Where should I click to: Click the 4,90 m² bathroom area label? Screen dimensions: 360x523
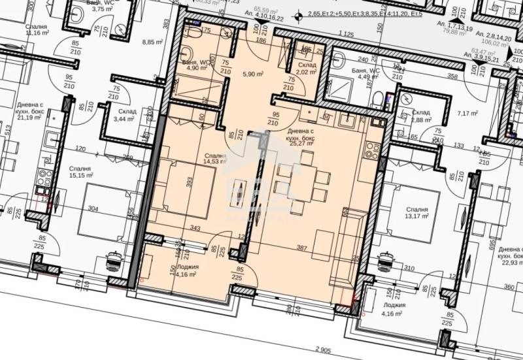tap(196, 67)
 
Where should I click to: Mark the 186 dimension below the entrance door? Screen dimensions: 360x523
tap(261, 41)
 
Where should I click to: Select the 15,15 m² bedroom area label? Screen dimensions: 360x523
tap(81, 176)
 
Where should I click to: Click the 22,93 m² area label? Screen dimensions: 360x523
tap(510, 263)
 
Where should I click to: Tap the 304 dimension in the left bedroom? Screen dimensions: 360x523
tap(93, 209)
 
